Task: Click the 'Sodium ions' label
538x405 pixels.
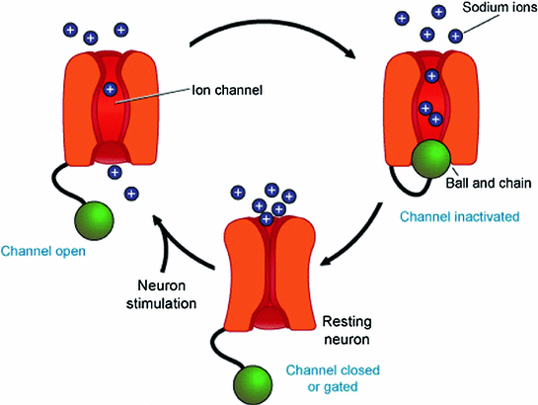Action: tap(500, 7)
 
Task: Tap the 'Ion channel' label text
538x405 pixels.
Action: tap(227, 90)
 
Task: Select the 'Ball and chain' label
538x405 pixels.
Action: tap(489, 183)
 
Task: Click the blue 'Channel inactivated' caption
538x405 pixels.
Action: tap(460, 217)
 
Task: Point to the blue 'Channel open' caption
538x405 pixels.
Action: tap(43, 251)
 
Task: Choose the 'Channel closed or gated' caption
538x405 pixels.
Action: tap(333, 378)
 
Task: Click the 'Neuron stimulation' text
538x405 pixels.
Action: tap(161, 294)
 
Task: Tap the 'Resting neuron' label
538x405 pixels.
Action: tap(347, 331)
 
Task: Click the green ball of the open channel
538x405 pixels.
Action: tap(94, 220)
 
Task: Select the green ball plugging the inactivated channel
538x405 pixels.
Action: tap(431, 159)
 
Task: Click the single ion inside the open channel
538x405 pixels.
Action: tap(111, 90)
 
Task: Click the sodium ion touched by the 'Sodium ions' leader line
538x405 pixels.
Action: tap(456, 36)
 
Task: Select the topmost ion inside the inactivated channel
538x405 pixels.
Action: tap(432, 76)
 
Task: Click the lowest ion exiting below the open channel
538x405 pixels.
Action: tap(131, 194)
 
